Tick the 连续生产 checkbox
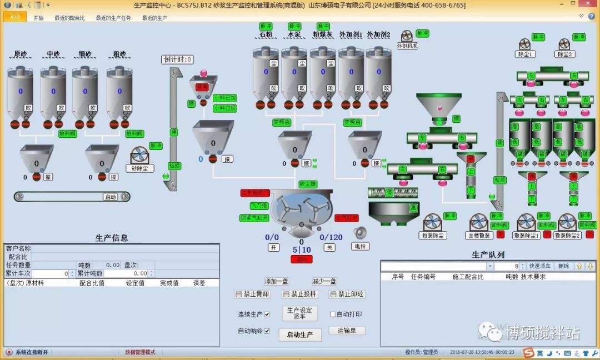(267, 314)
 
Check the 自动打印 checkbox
(333, 314)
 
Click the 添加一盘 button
(276, 282)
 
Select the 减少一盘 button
(324, 282)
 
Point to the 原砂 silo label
(21, 54)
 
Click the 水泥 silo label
(294, 35)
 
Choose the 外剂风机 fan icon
(407, 36)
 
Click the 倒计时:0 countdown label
(178, 59)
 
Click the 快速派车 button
(539, 267)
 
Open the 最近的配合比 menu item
(69, 18)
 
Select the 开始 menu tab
(38, 18)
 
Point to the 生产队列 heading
(488, 254)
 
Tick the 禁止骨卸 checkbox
(238, 294)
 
